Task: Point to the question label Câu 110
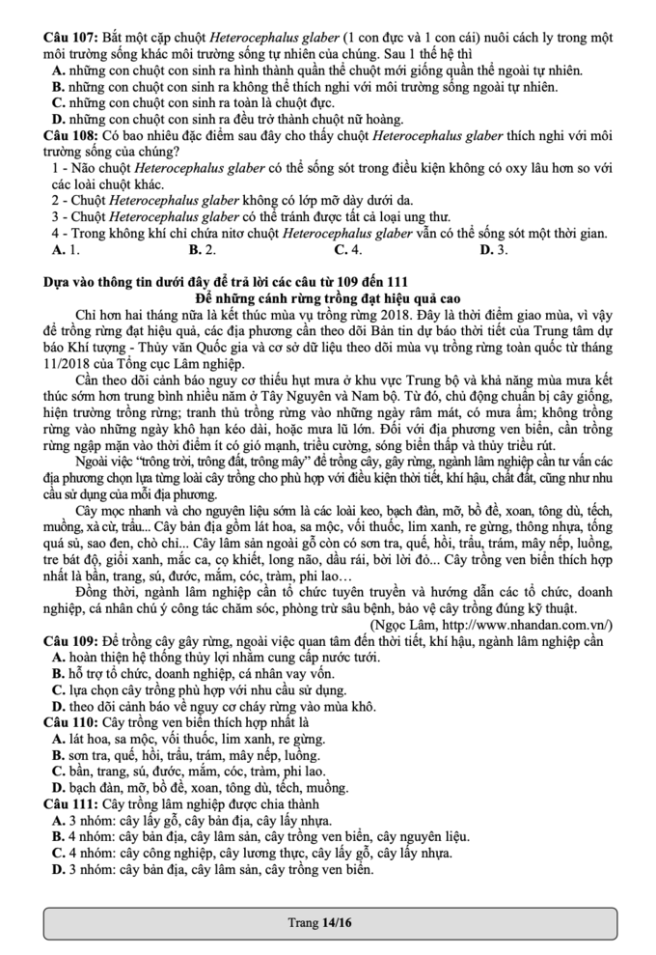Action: click(x=71, y=721)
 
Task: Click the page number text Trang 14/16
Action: click(x=320, y=922)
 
